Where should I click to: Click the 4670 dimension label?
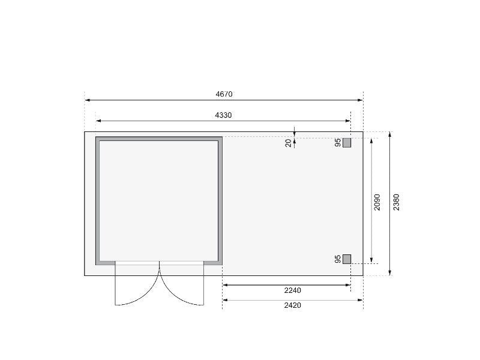224,94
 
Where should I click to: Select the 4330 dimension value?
223,115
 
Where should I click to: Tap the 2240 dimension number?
293,290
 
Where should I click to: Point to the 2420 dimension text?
293,305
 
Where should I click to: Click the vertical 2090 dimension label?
377,202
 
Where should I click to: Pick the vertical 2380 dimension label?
397,202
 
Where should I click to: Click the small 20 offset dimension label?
289,143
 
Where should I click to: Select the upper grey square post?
347,143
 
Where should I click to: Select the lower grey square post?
347,259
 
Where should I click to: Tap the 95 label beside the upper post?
338,143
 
